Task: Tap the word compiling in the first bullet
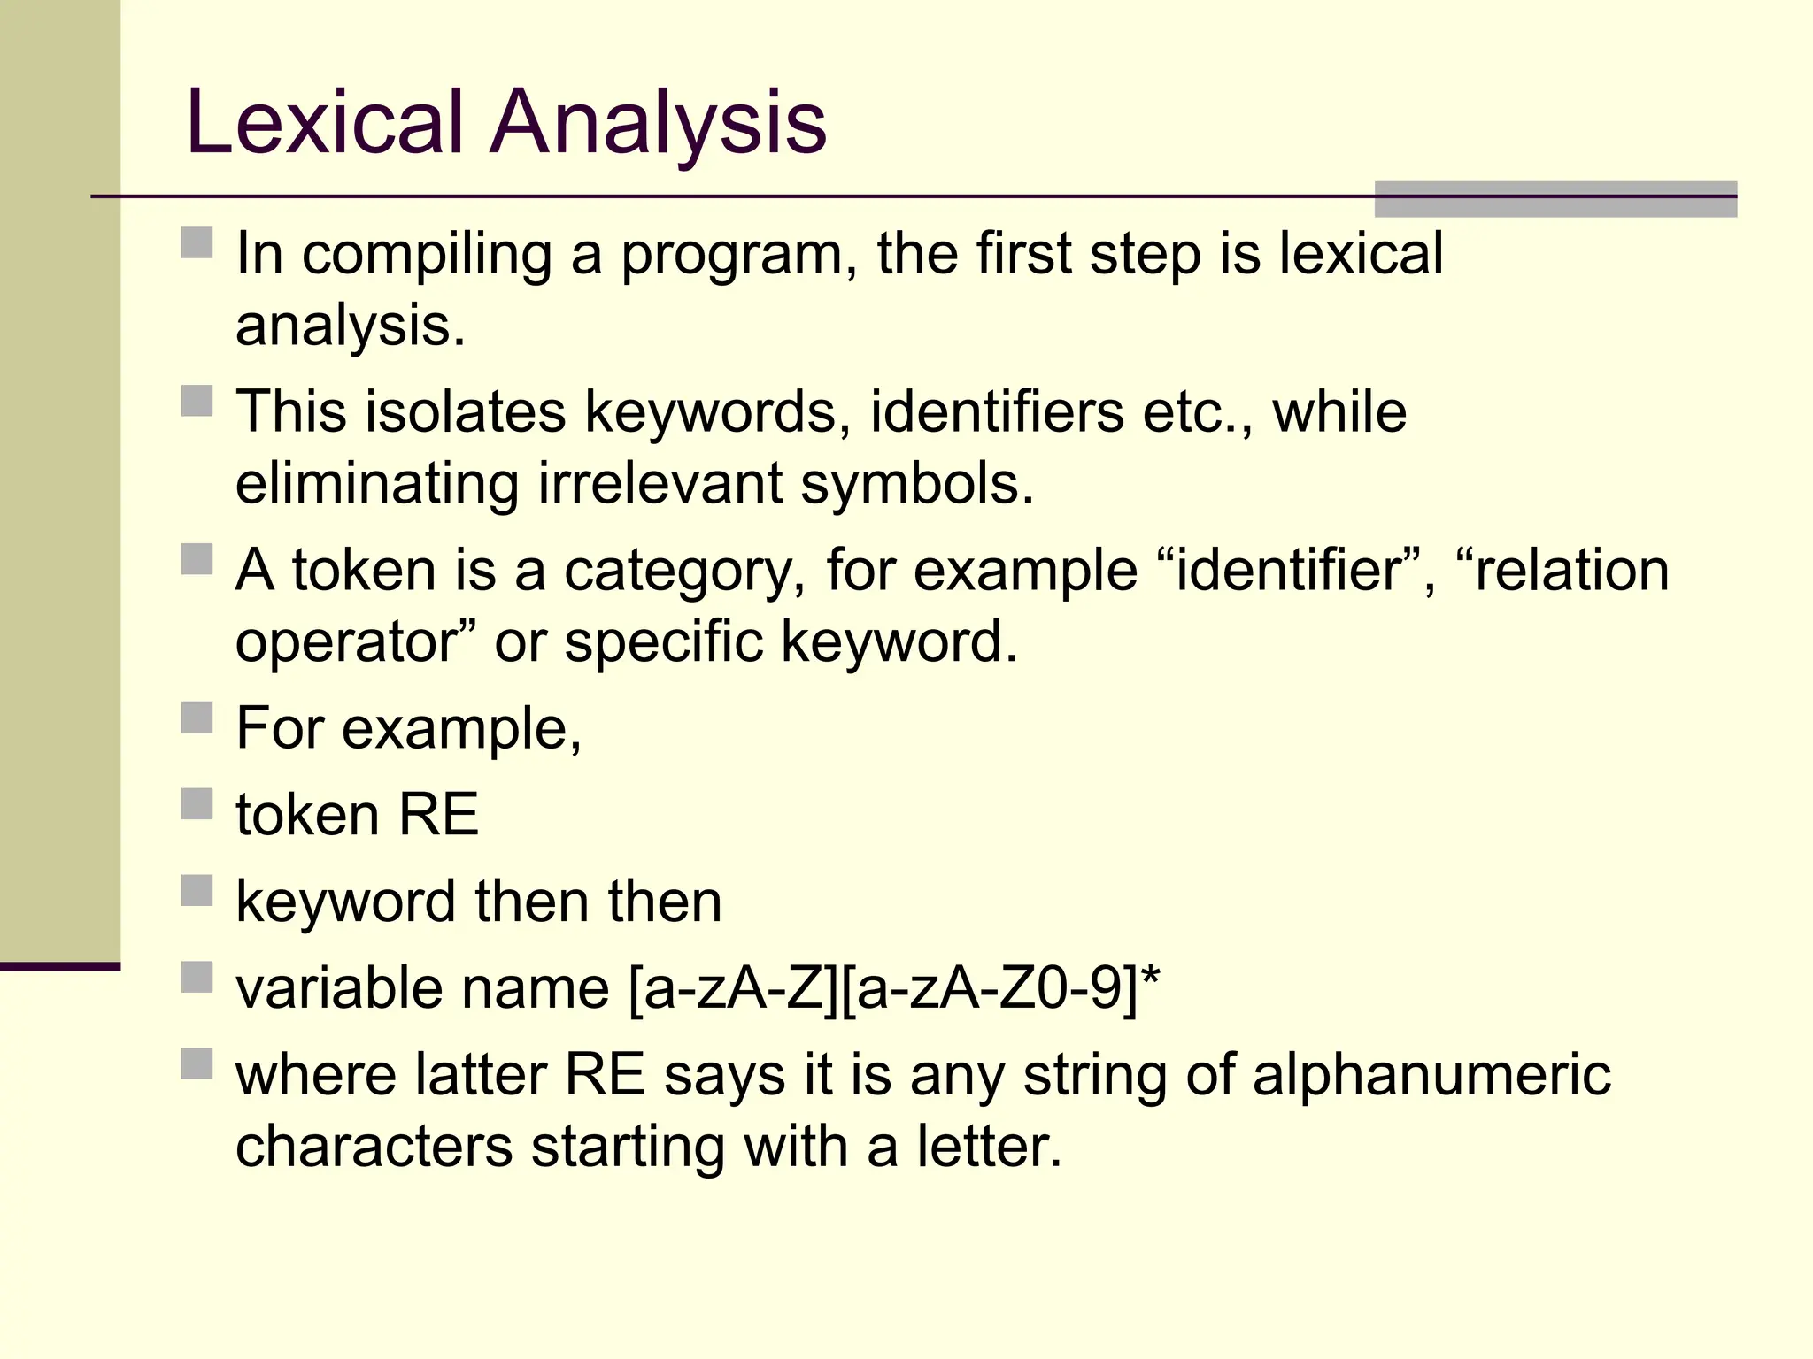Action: (x=427, y=255)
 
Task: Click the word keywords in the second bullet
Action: (x=711, y=413)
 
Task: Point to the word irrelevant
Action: (x=660, y=484)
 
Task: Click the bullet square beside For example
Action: (x=197, y=717)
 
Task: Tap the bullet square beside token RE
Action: (x=197, y=804)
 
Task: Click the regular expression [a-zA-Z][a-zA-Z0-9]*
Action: (x=894, y=988)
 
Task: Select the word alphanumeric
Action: (x=1431, y=1075)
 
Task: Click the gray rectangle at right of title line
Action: (x=1555, y=199)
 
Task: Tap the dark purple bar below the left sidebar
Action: (x=59, y=966)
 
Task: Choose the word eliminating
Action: (x=377, y=484)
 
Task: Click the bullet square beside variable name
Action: (x=197, y=978)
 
